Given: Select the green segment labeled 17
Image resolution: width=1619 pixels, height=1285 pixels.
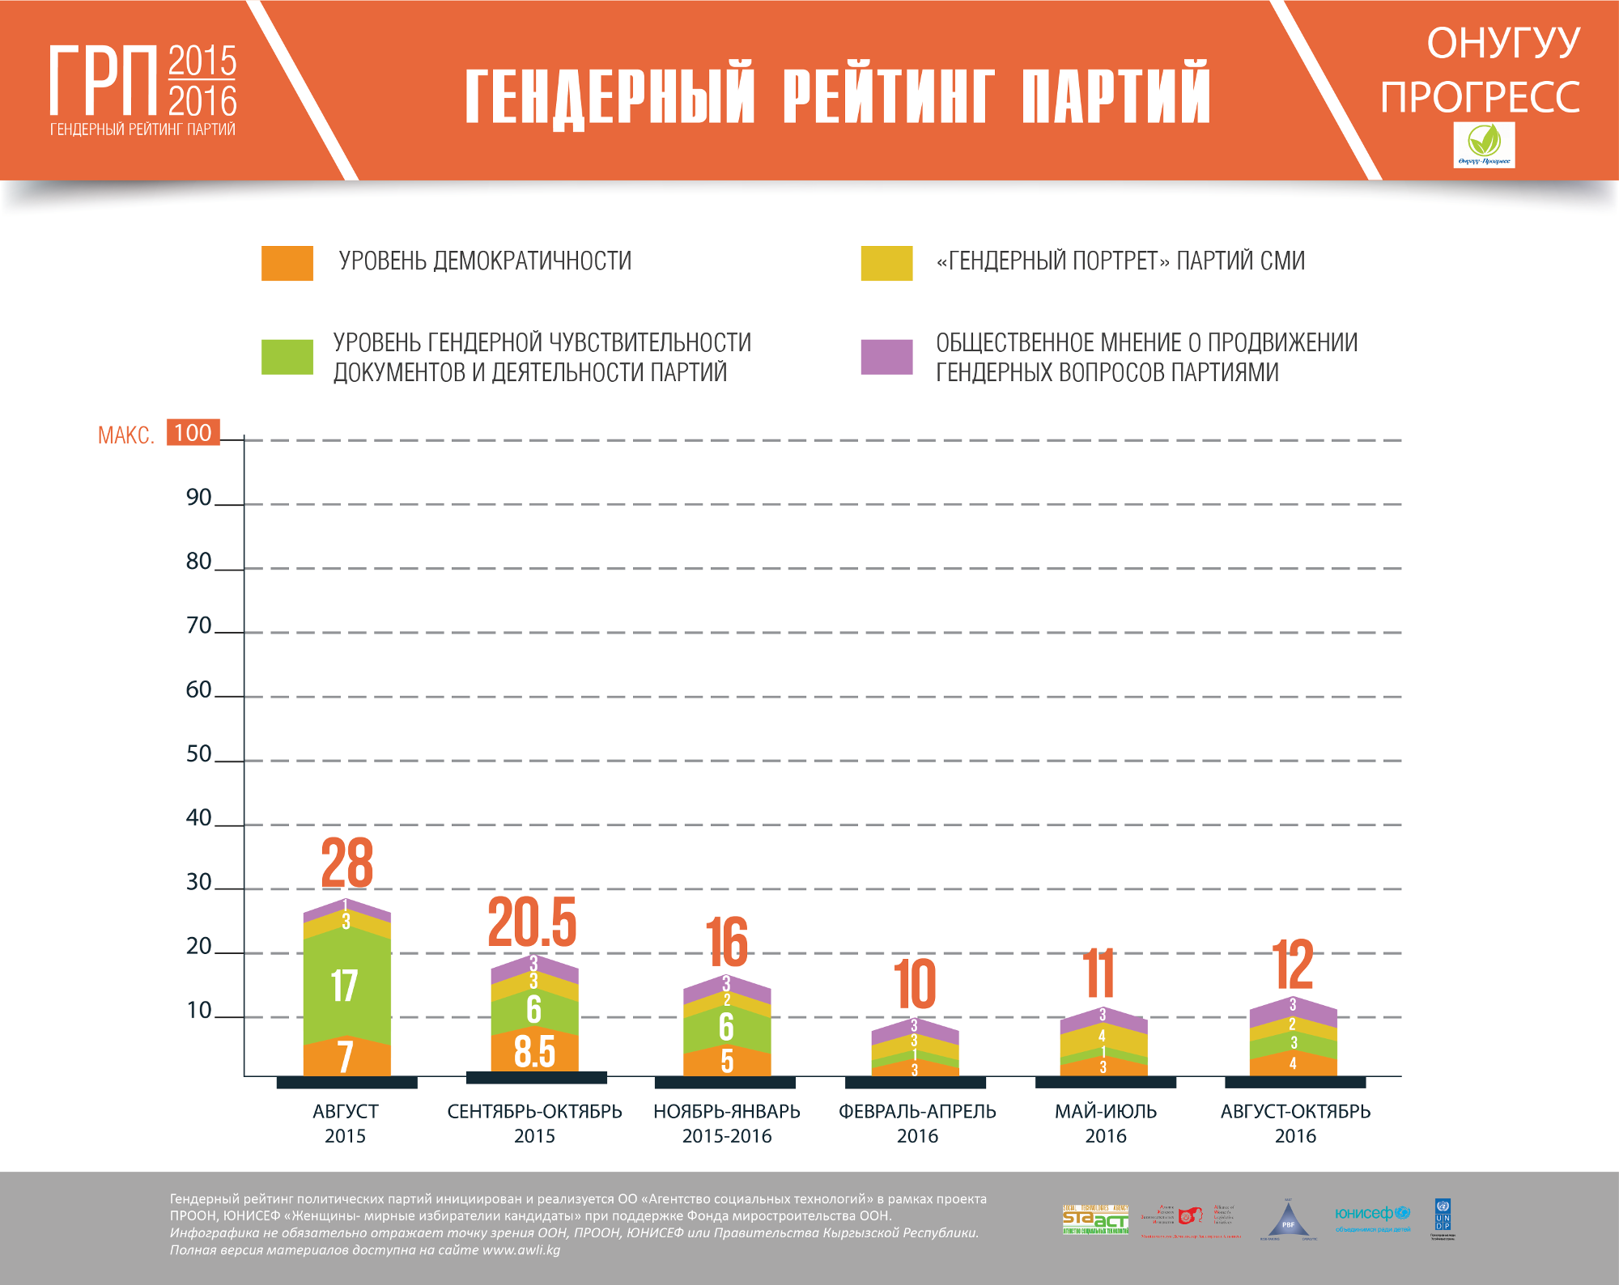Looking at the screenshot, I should [x=346, y=986].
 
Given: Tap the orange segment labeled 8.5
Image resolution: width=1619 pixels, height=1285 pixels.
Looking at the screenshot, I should [x=534, y=1051].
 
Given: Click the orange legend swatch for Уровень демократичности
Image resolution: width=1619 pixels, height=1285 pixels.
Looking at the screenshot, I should [x=287, y=263].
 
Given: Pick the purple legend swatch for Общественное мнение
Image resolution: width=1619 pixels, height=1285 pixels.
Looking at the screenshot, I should [x=886, y=357].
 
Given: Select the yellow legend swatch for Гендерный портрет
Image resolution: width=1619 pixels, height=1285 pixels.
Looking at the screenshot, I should [x=886, y=263].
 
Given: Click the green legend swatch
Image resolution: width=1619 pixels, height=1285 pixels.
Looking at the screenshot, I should [x=287, y=357].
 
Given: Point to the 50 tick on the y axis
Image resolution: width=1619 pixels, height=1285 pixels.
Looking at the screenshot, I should [x=199, y=753].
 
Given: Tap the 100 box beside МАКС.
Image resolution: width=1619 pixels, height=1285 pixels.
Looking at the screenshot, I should [x=193, y=432].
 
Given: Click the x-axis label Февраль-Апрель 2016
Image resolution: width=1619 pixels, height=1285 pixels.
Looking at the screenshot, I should [x=917, y=1123].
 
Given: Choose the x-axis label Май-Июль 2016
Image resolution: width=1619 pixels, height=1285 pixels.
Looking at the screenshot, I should [x=1106, y=1123].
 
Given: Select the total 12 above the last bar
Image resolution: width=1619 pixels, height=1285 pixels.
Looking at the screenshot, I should [x=1293, y=965].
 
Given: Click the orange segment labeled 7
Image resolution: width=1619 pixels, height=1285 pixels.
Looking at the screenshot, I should [x=346, y=1057].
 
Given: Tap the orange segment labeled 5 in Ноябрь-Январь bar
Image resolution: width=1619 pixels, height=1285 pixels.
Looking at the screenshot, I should [x=727, y=1061].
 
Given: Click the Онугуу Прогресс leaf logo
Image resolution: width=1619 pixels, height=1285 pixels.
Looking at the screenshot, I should [x=1484, y=145].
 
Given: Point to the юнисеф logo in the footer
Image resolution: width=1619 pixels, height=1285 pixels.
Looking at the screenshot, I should [x=1372, y=1214].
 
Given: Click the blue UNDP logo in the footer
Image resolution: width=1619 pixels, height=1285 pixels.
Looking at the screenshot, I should [x=1443, y=1215].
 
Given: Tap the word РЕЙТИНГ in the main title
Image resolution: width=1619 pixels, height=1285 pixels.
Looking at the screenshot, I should [x=888, y=95].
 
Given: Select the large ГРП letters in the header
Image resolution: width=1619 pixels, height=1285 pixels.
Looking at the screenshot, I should [x=104, y=81].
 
